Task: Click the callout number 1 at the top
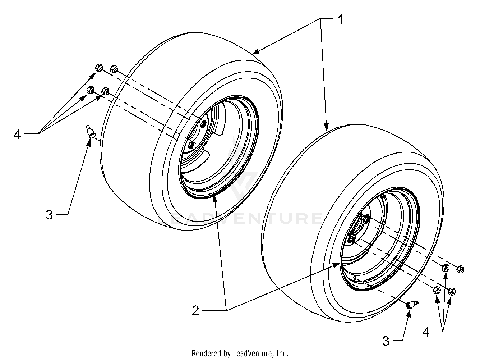click(x=340, y=20)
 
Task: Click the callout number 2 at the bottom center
click(x=195, y=310)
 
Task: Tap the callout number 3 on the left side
click(x=50, y=215)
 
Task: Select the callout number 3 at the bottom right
click(x=386, y=341)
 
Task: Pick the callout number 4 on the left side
click(x=18, y=134)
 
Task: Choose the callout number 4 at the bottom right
click(x=426, y=332)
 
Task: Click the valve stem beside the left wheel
click(x=90, y=132)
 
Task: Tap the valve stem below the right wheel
click(x=412, y=304)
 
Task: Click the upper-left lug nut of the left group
click(x=99, y=67)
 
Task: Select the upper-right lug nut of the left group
click(x=114, y=69)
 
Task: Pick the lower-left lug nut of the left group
click(x=91, y=90)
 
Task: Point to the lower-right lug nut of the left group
click(x=105, y=91)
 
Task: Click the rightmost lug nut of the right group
click(x=460, y=269)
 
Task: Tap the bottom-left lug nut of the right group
click(x=437, y=290)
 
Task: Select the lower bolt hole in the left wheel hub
click(x=191, y=145)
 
